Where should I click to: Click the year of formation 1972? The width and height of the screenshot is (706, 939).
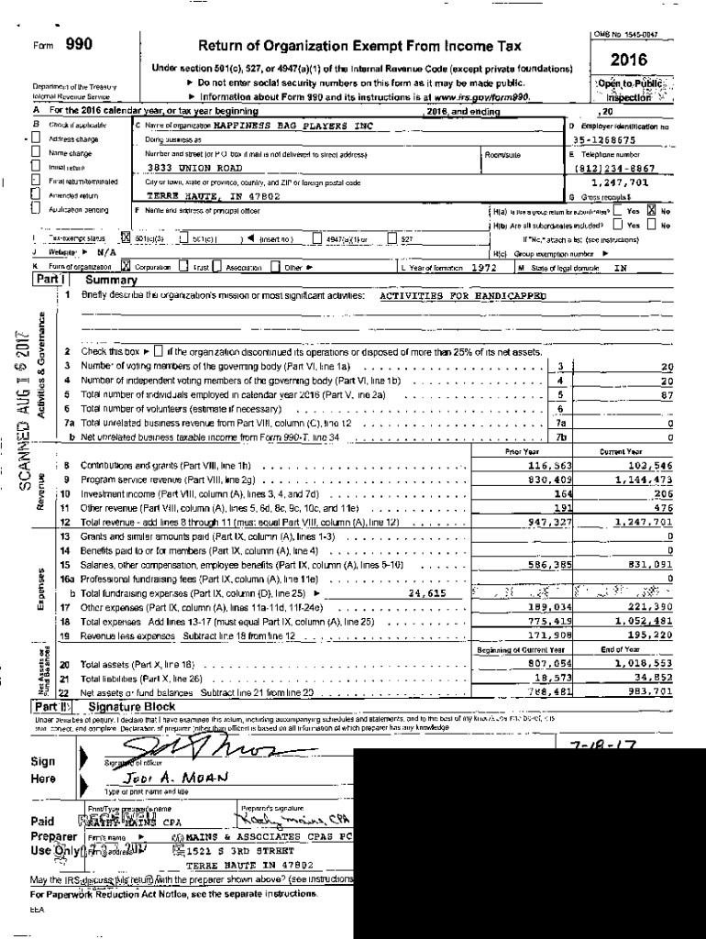point(483,267)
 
